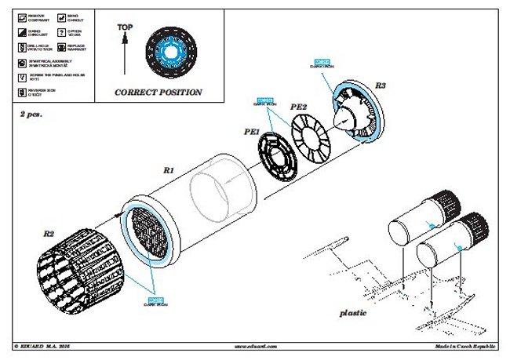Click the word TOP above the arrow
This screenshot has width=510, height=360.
(125, 27)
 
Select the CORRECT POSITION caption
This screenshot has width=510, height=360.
(158, 93)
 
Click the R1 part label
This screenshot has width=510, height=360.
(169, 168)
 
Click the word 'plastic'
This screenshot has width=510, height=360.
(353, 312)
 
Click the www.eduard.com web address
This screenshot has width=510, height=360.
(255, 345)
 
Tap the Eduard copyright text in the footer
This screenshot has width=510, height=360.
(47, 345)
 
